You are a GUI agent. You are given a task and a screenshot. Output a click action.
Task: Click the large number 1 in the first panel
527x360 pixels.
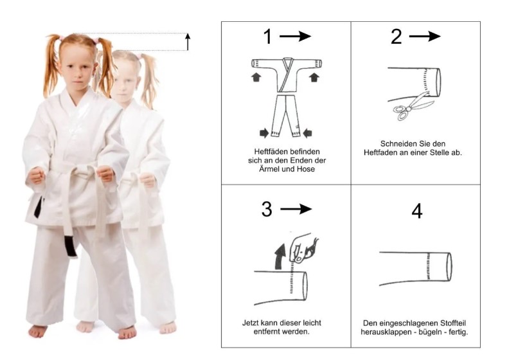(267, 36)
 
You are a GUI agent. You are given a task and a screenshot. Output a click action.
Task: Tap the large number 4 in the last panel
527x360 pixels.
(416, 211)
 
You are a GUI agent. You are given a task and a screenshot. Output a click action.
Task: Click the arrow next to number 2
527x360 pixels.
(425, 36)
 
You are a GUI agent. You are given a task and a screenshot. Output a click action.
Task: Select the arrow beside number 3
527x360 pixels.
(296, 209)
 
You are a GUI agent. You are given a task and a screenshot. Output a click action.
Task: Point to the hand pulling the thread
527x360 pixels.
(303, 248)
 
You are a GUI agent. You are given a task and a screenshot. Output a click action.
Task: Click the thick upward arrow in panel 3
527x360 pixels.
(280, 256)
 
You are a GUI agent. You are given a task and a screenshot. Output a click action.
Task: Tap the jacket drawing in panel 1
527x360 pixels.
(287, 74)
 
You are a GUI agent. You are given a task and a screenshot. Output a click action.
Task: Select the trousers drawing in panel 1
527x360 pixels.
(286, 116)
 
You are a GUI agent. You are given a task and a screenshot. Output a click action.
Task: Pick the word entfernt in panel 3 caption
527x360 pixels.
(267, 332)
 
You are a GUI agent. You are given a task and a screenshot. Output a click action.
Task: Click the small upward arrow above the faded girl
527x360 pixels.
(188, 42)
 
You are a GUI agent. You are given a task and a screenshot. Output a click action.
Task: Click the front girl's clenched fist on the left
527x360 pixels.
(37, 175)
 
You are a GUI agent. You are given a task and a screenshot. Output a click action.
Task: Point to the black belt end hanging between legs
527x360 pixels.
(71, 246)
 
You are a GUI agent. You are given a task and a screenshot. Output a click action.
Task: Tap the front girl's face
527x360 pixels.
(77, 68)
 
